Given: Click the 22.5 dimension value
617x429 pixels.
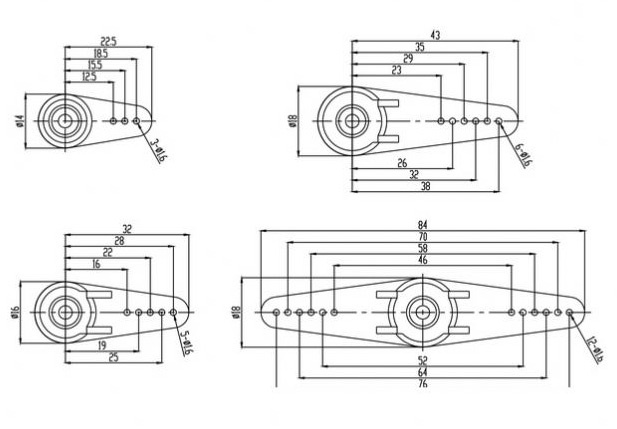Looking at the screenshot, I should click(108, 41).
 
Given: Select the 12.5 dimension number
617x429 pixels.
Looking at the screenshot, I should click(89, 76).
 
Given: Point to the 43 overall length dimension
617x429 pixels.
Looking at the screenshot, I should click(434, 35).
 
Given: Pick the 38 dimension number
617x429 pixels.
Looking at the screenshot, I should click(427, 186).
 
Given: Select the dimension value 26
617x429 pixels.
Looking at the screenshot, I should click(402, 162).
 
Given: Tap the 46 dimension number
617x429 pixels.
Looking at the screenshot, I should click(422, 260).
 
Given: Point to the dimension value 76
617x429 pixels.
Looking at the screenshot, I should click(422, 384).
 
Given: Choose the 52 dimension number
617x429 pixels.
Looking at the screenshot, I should click(422, 360).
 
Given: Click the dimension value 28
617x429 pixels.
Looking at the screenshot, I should click(119, 242).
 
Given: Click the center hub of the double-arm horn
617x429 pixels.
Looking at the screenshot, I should click(422, 312).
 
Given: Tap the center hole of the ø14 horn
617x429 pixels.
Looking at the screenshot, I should click(65, 121).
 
